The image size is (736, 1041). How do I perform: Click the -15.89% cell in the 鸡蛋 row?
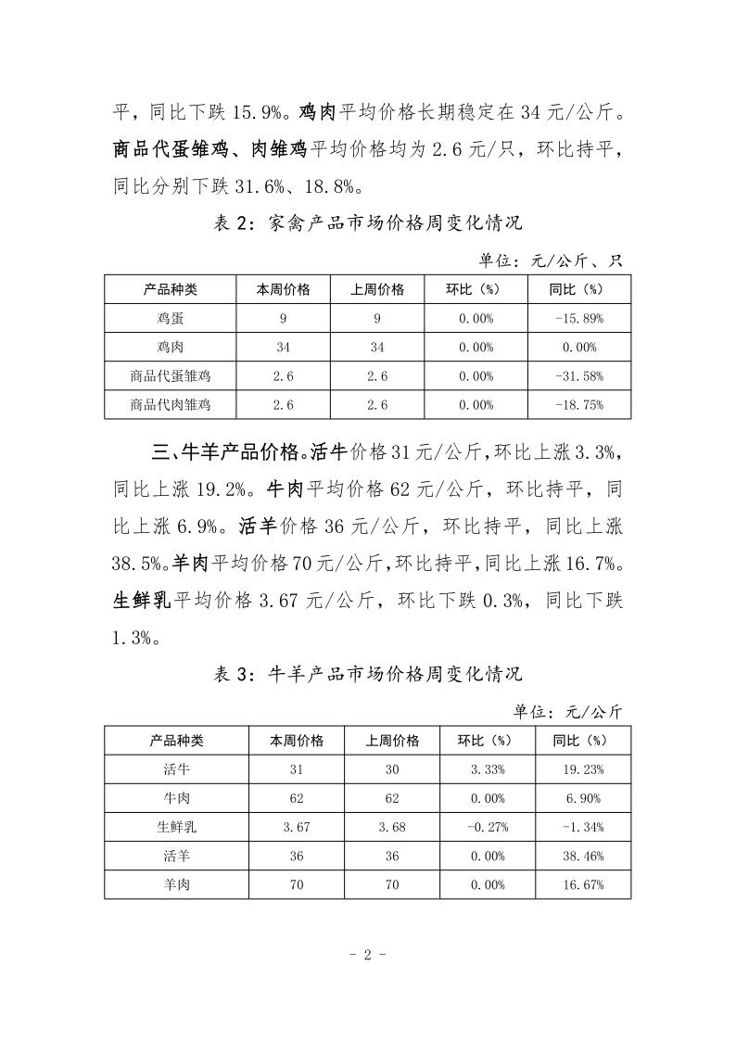click(x=578, y=319)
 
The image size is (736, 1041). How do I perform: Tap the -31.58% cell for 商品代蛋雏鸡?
click(x=578, y=376)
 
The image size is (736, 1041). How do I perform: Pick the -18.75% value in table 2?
click(x=578, y=405)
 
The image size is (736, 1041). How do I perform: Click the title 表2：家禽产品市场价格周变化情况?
click(x=368, y=224)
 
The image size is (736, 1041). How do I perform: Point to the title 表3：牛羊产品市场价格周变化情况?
click(x=368, y=674)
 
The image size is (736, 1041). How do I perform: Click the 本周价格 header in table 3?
click(x=296, y=741)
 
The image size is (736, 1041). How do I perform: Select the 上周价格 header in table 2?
click(x=377, y=289)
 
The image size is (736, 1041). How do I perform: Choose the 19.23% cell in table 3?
click(x=583, y=769)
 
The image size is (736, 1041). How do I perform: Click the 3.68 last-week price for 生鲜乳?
click(x=392, y=827)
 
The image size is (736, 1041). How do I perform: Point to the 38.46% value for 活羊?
click(x=583, y=856)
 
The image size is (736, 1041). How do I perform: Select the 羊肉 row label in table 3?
click(x=176, y=884)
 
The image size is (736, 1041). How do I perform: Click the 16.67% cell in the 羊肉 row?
click(x=583, y=884)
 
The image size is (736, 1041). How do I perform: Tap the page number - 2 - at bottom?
click(x=368, y=955)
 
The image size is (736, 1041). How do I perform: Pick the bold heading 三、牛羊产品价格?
click(x=228, y=453)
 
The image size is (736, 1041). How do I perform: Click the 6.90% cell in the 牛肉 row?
click(x=583, y=798)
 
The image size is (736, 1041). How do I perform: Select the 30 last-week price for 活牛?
click(x=392, y=769)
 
